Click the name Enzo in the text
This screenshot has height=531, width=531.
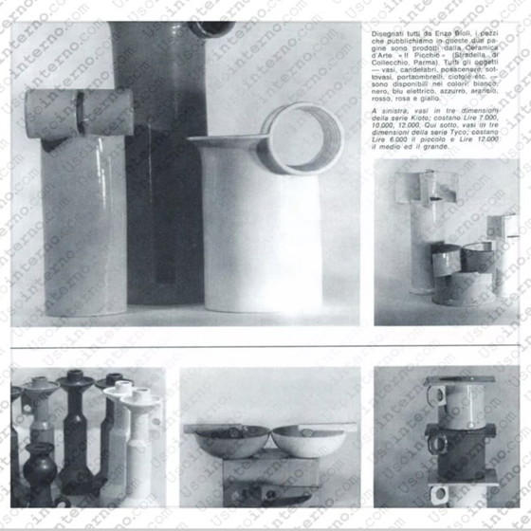(428, 33)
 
